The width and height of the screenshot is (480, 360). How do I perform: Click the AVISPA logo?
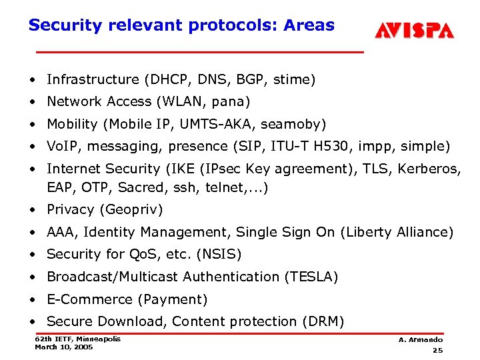pos(413,30)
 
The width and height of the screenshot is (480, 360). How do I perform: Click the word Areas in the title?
pos(309,25)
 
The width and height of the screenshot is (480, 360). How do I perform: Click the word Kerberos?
pos(429,169)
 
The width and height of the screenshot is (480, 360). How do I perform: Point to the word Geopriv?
pos(131,210)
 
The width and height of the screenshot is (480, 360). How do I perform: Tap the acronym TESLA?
pos(312,277)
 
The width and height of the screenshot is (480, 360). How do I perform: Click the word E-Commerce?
pos(89,299)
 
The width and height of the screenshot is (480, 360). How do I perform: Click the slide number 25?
pos(437,351)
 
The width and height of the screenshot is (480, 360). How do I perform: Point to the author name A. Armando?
pos(421,340)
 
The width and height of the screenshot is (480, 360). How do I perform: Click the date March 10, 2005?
pos(64,347)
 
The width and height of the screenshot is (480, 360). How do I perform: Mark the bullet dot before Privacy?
pos(33,210)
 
